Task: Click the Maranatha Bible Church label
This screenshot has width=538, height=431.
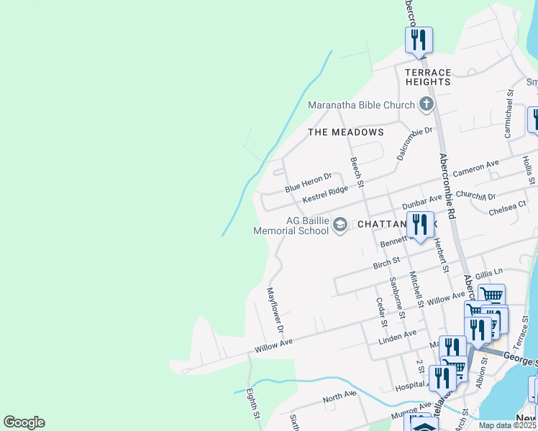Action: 361,105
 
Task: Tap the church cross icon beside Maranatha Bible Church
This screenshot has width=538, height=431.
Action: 427,105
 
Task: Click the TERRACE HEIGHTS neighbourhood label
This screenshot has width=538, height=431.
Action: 427,77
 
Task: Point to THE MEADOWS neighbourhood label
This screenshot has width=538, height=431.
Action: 345,132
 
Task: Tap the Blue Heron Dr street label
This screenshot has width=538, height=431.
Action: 308,182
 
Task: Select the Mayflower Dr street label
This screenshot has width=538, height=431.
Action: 275,310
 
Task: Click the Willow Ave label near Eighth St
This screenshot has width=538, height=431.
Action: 273,348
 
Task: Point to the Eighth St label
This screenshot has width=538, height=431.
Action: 252,404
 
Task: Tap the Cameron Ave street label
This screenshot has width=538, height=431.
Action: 475,170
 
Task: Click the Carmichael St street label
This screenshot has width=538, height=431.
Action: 509,113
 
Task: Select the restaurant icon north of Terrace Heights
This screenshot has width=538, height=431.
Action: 419,41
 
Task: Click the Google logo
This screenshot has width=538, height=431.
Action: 24,422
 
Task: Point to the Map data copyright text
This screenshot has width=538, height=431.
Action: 507,425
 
